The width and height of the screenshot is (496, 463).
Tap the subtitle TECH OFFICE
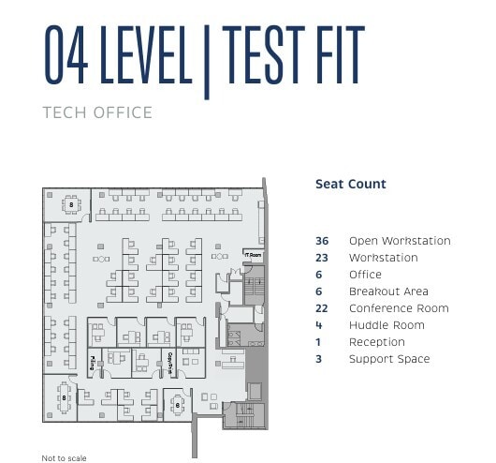point(97,113)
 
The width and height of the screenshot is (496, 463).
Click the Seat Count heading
point(350,185)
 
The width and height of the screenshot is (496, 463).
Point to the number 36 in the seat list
point(322,241)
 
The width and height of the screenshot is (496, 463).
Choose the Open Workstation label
point(399,241)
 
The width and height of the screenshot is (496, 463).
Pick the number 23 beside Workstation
point(322,258)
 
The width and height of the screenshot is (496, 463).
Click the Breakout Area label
point(388,291)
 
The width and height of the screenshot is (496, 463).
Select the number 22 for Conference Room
point(322,308)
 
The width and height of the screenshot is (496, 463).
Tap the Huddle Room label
point(387,325)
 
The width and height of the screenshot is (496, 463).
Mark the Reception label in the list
point(376,342)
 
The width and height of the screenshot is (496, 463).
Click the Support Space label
point(389,359)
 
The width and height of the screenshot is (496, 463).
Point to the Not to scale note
point(64,458)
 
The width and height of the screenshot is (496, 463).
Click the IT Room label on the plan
point(253,254)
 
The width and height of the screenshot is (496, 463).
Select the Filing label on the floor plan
point(92,361)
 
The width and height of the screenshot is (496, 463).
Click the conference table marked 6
point(178,405)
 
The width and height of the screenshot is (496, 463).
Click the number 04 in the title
point(66,56)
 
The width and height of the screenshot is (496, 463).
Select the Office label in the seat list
point(365,275)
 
